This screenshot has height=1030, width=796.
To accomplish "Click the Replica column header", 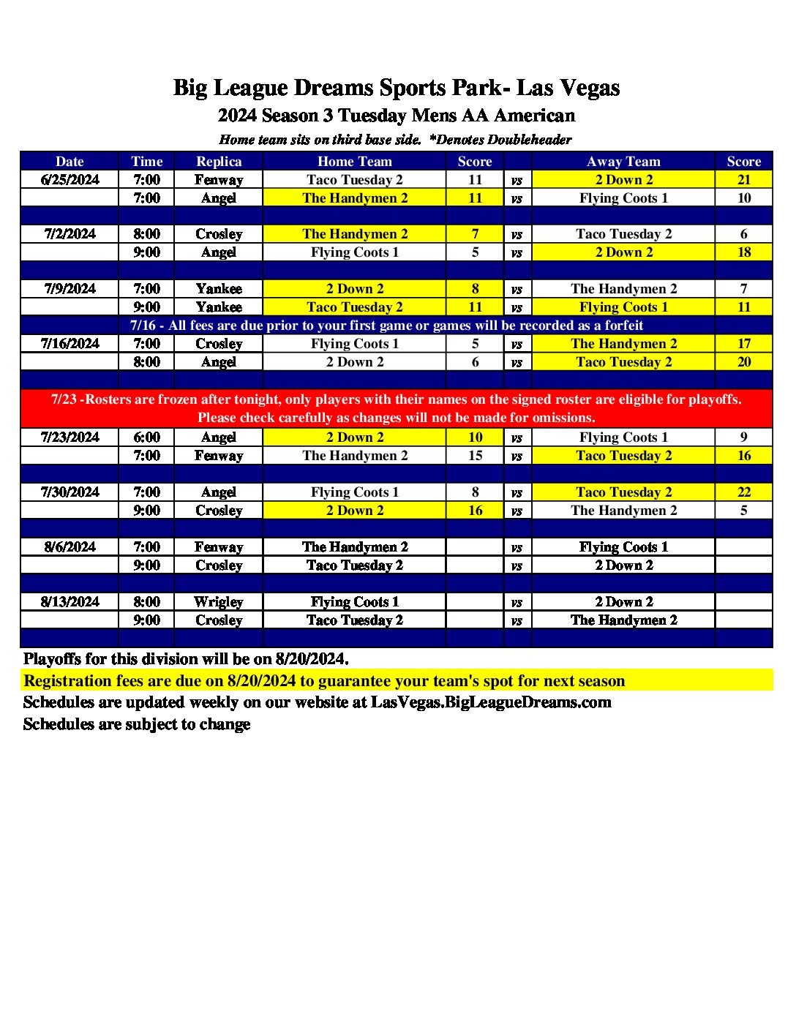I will [219, 162].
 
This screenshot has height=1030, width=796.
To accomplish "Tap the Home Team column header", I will [354, 162].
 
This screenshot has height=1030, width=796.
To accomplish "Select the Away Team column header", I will [623, 162].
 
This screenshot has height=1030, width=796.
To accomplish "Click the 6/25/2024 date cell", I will [70, 180].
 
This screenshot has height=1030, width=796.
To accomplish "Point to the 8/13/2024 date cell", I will [70, 602].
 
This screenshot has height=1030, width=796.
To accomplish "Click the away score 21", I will [743, 180].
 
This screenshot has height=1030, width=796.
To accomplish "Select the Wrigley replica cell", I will [219, 602].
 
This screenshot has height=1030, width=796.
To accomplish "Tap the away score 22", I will [743, 492].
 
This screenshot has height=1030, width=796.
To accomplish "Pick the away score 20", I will [743, 362].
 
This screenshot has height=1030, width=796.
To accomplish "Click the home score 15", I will [475, 456].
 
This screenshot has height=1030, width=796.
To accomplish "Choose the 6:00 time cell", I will [146, 437].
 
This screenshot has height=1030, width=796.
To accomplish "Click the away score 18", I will [743, 252].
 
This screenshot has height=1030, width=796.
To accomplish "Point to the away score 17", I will [743, 344].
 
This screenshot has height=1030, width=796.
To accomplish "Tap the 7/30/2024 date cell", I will [70, 492].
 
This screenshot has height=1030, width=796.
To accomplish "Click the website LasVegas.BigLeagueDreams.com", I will [491, 702].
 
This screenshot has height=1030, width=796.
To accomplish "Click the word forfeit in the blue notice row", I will [624, 326].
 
